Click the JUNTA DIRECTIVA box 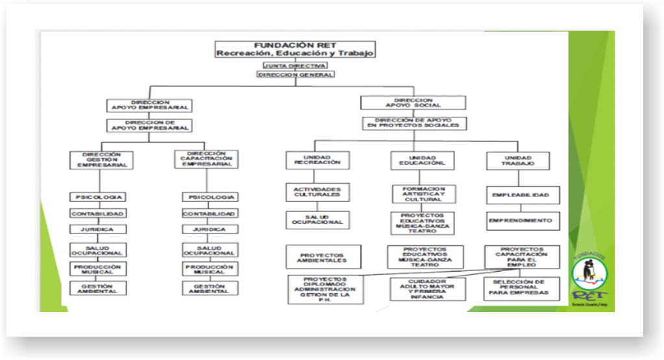295,66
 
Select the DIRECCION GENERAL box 295,75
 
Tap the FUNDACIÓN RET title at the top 295,49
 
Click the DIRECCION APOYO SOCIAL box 413,102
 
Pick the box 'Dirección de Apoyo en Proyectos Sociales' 414,123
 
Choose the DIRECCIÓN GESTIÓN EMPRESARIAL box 101,160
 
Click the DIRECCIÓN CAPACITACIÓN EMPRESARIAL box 206,160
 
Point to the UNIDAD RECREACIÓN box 317,160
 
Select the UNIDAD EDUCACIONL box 423,160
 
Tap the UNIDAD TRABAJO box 518,160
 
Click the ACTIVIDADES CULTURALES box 317,191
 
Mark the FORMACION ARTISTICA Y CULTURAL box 423,194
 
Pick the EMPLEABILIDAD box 521,195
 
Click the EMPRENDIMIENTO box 521,221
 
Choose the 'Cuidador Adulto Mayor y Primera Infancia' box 427,289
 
